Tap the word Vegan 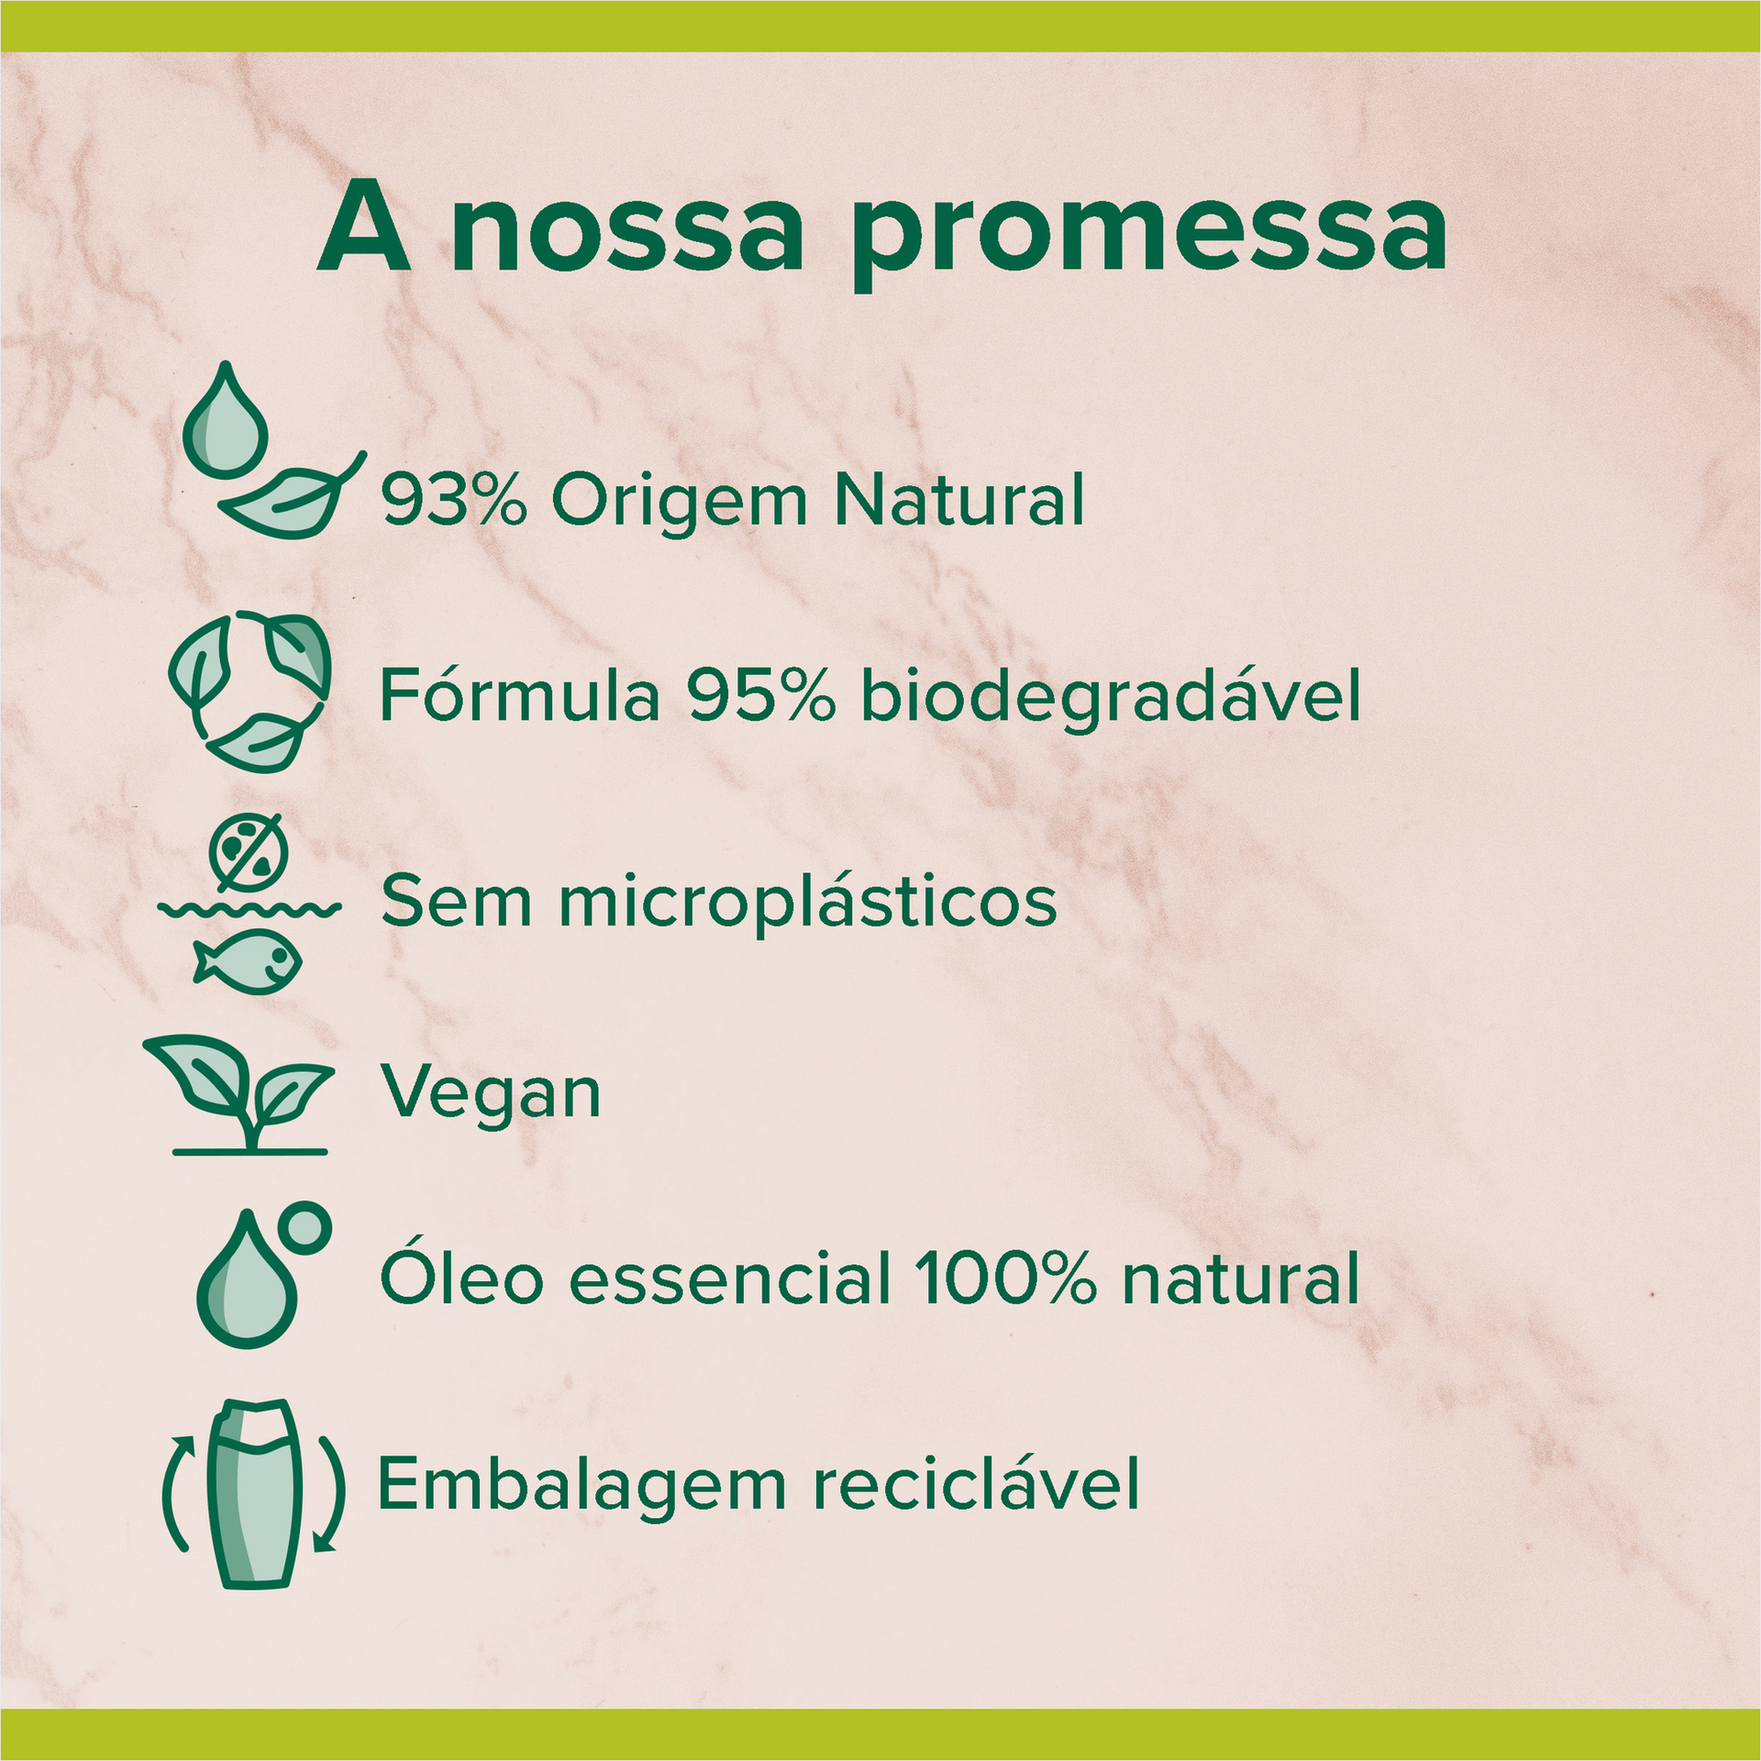(x=490, y=1094)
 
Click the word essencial (x=730, y=1278)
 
